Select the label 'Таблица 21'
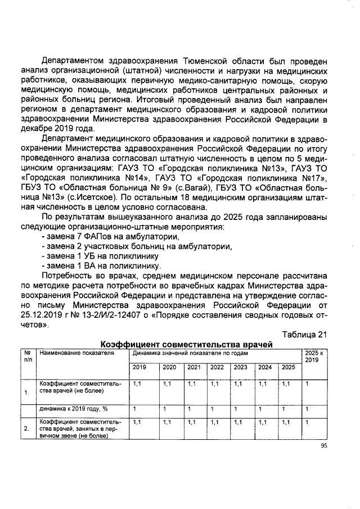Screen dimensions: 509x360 304,335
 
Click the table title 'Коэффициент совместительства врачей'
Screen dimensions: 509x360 186,344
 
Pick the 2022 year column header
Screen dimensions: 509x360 217,367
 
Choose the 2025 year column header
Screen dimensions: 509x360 288,367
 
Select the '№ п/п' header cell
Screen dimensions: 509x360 27,356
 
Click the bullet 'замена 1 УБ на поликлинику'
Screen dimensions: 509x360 101,256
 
